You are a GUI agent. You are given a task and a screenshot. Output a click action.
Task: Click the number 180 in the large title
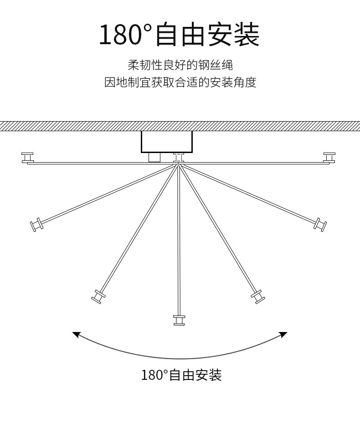(121, 36)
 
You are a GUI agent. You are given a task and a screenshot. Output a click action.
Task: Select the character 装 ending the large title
(246, 36)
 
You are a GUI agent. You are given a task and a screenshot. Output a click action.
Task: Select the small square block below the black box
(155, 157)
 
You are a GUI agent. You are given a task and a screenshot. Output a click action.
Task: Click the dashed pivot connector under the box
(179, 158)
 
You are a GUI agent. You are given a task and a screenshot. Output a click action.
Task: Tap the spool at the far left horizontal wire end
(28, 158)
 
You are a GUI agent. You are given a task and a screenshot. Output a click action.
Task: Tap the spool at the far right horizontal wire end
(329, 158)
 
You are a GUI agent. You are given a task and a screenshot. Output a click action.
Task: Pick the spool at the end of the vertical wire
(179, 320)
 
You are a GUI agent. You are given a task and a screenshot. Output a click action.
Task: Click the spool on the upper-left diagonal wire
(36, 225)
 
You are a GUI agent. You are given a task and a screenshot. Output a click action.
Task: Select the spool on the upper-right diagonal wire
(321, 224)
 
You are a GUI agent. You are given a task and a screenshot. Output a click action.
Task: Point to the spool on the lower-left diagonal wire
(98, 296)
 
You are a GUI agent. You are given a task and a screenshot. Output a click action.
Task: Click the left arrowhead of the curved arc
(76, 335)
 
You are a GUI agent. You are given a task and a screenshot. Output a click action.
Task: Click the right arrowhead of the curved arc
(284, 335)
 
